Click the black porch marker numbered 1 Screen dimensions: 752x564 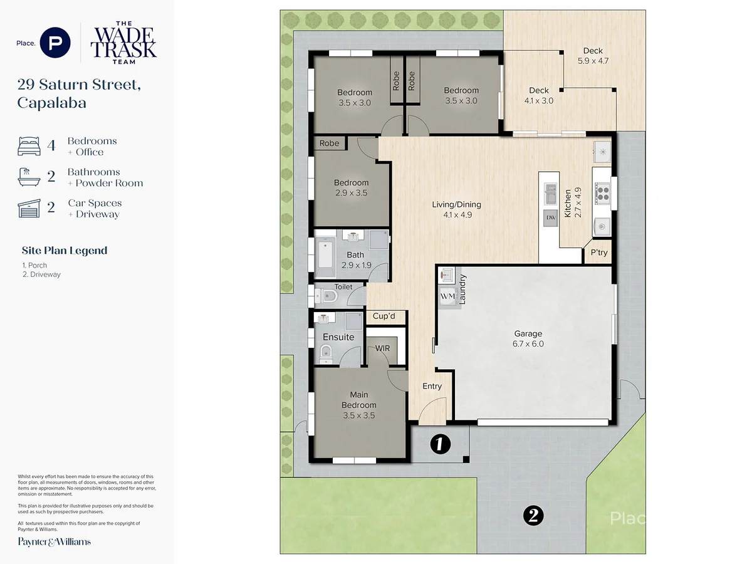[440, 444]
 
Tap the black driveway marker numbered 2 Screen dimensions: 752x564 [533, 515]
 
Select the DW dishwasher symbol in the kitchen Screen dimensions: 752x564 [551, 218]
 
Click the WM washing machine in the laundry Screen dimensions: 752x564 [447, 296]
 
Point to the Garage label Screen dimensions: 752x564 [528, 333]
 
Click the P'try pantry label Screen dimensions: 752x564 [599, 253]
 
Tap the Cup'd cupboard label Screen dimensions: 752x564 [384, 316]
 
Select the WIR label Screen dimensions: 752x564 [382, 348]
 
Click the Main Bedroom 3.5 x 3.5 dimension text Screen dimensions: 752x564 [358, 415]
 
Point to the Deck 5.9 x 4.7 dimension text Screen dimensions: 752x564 [593, 61]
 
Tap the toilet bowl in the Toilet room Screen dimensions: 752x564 [326, 296]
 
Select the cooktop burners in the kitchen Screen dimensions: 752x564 [602, 193]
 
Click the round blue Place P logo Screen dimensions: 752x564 [55, 43]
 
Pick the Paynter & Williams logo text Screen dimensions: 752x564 [54, 541]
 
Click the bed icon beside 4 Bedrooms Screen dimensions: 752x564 [29, 146]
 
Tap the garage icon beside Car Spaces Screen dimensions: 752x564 [29, 208]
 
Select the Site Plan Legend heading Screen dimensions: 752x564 [65, 251]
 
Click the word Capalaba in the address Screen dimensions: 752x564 [52, 103]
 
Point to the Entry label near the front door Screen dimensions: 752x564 [432, 386]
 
